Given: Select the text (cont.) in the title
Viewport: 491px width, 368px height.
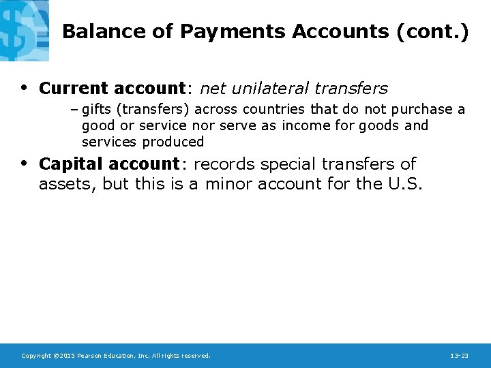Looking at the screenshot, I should pos(431,32).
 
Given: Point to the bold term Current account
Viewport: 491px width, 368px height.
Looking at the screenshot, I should pos(112,89).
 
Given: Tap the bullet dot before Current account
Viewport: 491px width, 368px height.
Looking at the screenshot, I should pos(25,88).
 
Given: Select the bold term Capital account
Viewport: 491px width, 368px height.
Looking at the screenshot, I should pos(109,164).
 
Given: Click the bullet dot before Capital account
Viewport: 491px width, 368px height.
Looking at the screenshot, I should pos(25,164).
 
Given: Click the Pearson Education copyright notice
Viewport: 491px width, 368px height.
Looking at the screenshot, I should pos(116,356).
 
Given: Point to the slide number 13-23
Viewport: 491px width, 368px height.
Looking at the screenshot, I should pos(459,356).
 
